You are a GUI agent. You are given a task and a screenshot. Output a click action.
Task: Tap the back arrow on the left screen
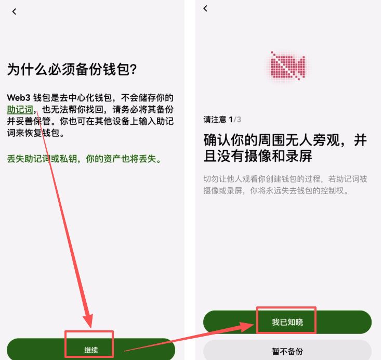point(14,11)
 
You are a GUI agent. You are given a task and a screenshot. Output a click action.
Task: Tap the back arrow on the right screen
point(205,8)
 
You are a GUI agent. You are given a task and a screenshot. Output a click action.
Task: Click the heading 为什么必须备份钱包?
point(75,70)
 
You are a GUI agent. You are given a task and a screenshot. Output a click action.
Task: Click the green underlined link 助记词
point(20,110)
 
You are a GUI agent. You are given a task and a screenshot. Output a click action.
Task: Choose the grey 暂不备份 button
point(287,351)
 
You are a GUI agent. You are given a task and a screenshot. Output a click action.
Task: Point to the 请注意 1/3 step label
point(222,120)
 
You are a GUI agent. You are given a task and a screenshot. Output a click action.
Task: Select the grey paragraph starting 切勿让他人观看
point(285,185)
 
